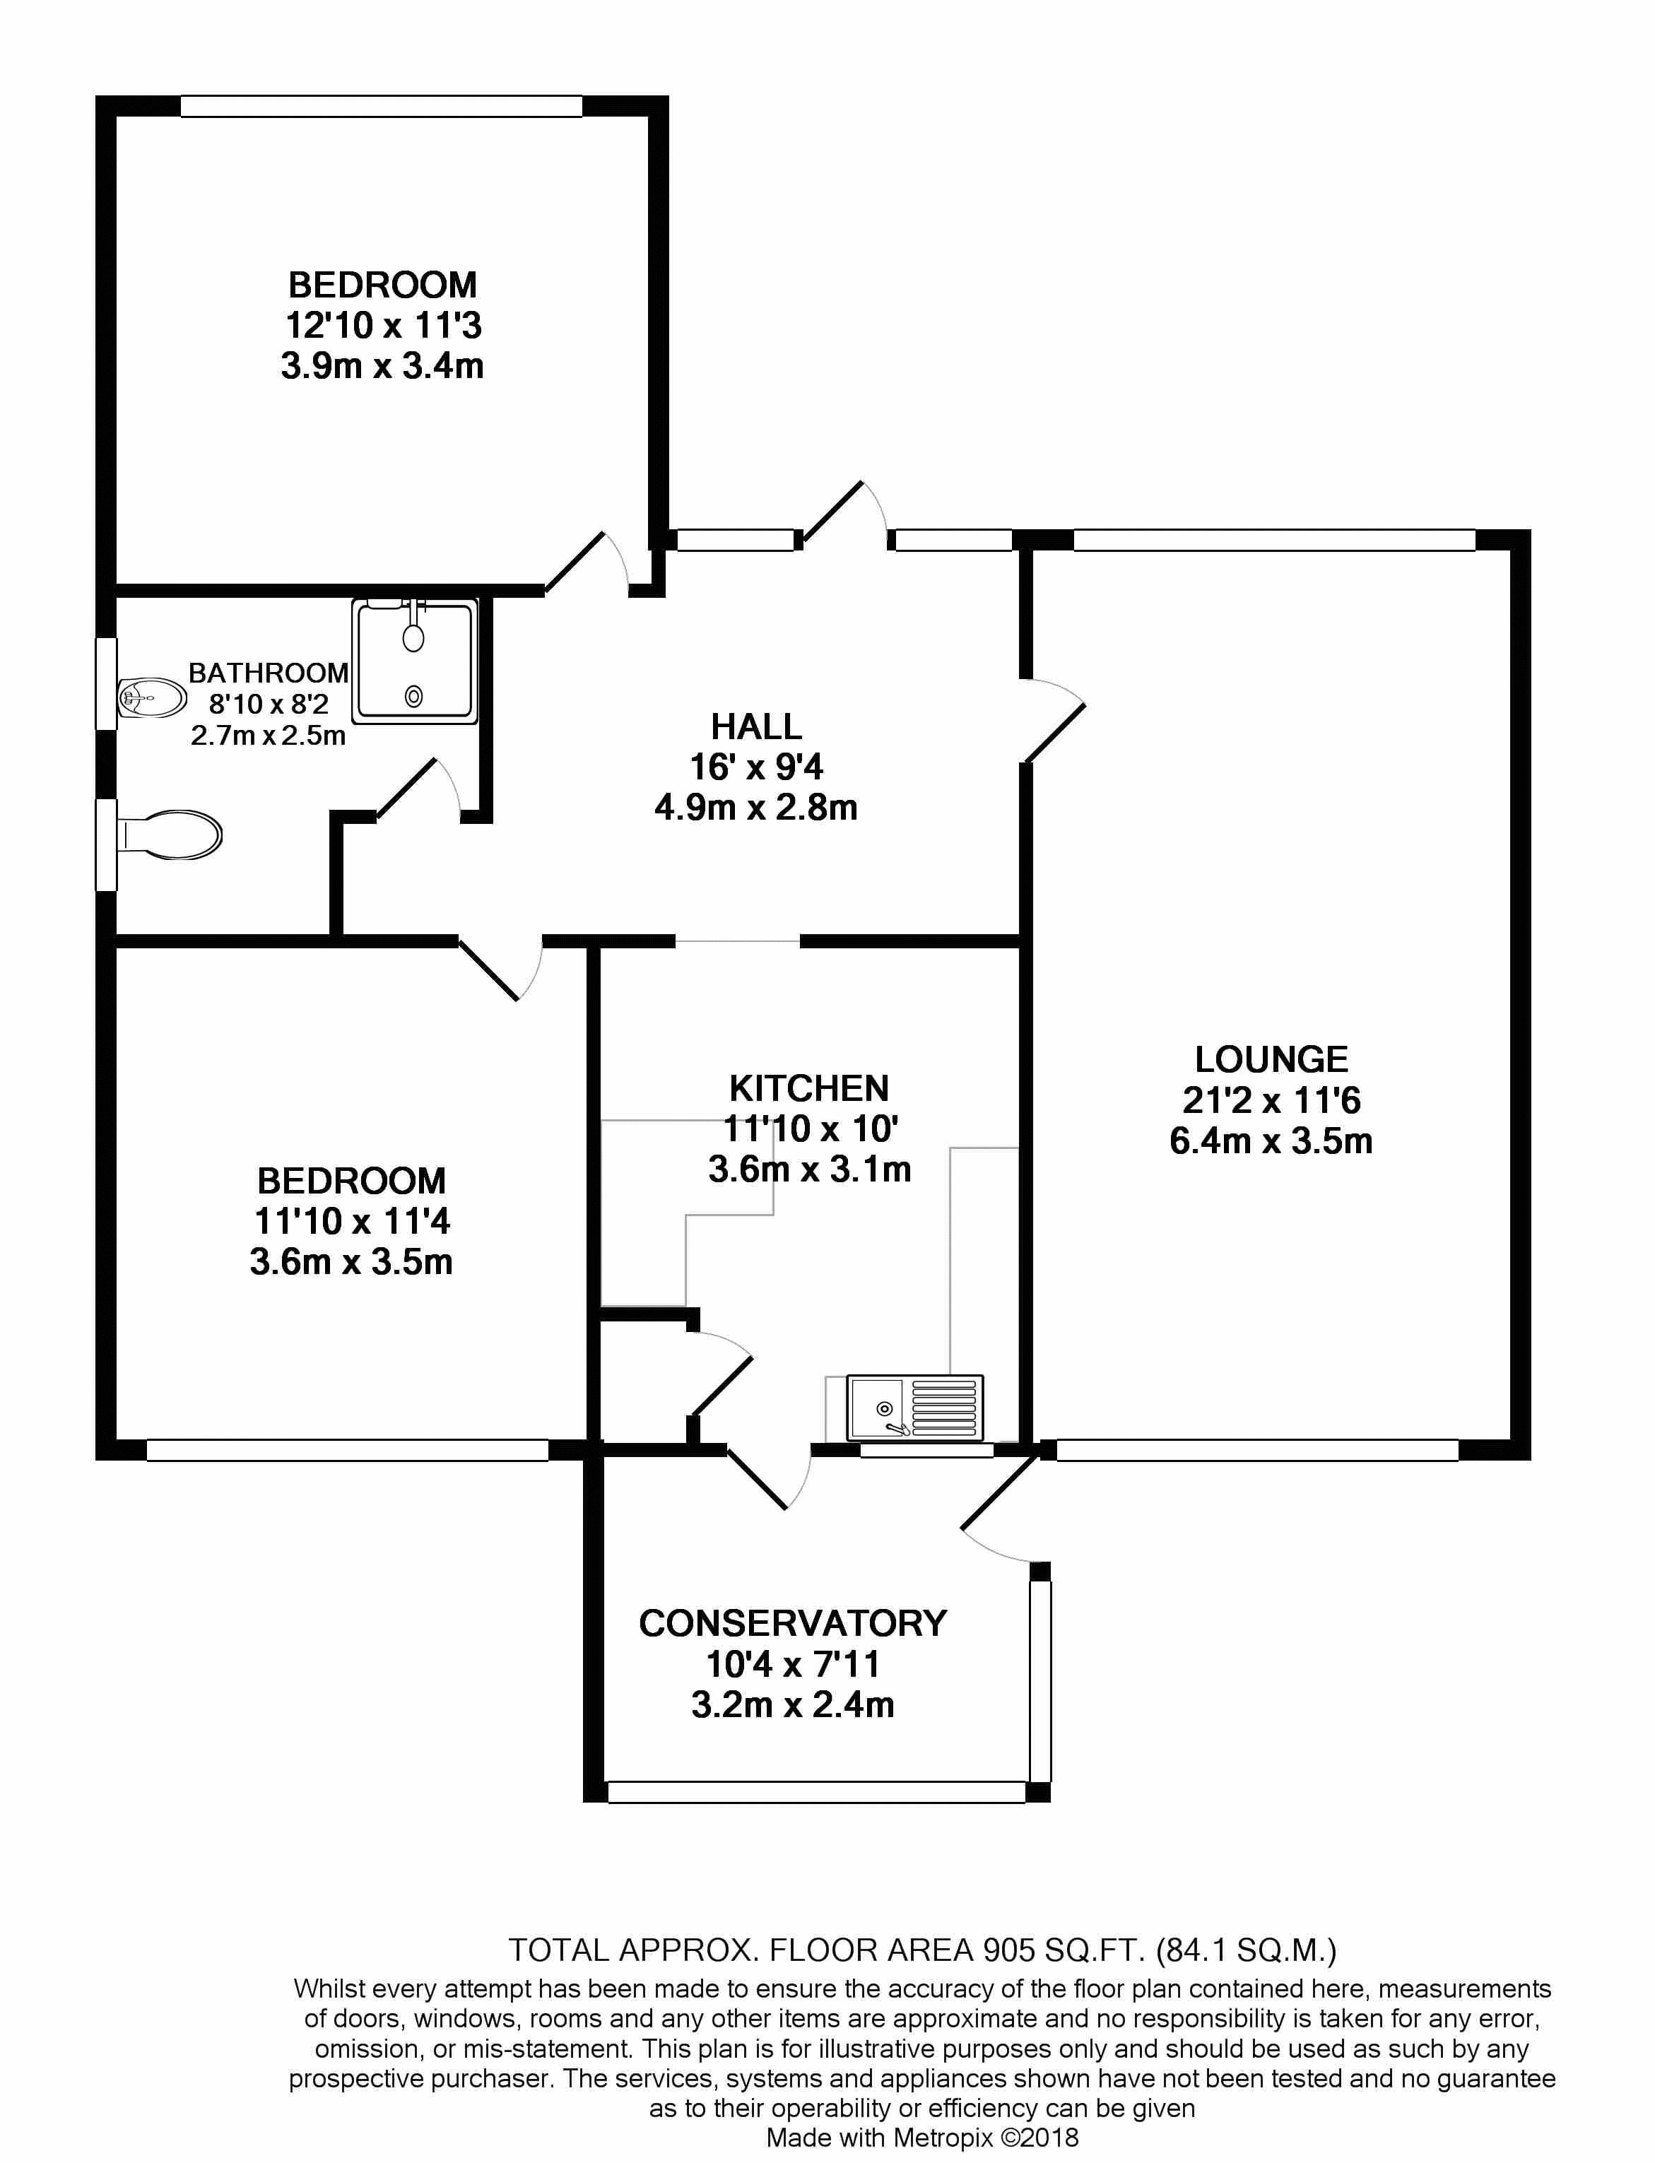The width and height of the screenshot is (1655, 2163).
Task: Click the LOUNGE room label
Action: click(1271, 1060)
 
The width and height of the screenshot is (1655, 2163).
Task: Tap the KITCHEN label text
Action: click(809, 1088)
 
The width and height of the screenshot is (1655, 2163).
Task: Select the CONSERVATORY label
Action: click(792, 1623)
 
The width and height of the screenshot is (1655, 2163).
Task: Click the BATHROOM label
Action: click(268, 673)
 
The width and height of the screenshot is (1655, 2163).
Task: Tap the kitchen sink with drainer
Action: click(914, 1408)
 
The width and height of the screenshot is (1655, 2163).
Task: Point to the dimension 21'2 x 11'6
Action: click(1271, 1100)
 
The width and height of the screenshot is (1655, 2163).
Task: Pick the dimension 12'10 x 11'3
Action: click(383, 325)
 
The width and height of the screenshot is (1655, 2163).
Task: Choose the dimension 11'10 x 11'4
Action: click(352, 1221)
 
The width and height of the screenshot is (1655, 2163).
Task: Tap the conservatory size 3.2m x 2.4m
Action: click(792, 1704)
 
